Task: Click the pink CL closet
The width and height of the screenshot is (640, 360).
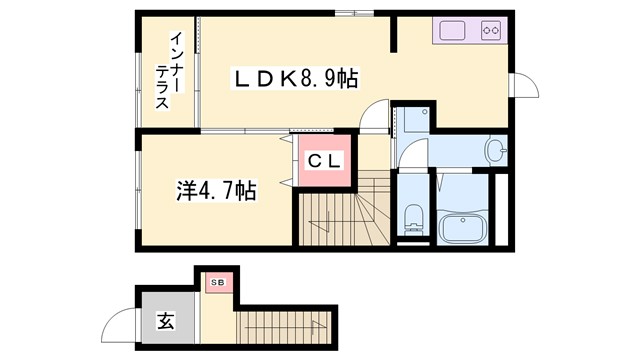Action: [324, 160]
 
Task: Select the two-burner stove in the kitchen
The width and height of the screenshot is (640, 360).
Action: [491, 30]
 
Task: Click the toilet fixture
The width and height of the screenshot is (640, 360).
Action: [412, 219]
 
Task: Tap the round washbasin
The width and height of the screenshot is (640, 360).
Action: [496, 151]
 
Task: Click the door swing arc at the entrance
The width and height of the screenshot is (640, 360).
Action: [121, 322]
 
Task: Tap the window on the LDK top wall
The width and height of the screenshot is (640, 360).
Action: [350, 13]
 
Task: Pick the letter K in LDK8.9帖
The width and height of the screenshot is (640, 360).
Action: [281, 77]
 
